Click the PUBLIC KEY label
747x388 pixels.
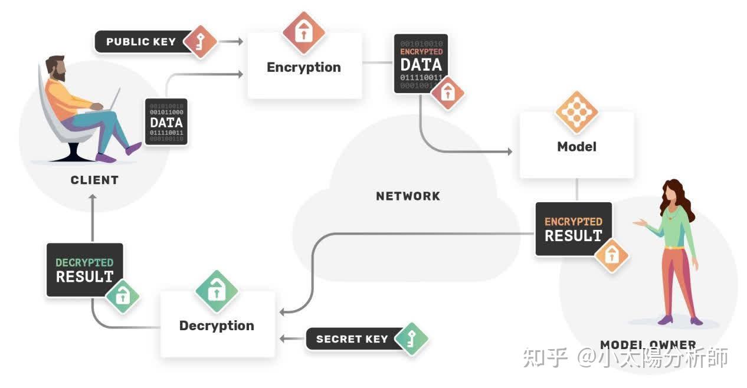(x=140, y=42)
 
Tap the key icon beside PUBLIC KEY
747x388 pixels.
(x=200, y=42)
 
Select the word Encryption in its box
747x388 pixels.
(x=303, y=67)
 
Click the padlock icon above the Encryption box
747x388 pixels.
(x=304, y=33)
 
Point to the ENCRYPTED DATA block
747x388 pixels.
(x=421, y=64)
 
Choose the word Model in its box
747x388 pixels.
(x=576, y=146)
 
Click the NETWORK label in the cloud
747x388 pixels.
(x=408, y=196)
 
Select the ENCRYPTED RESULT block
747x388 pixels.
(x=573, y=229)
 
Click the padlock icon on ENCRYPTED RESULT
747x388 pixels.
(x=611, y=255)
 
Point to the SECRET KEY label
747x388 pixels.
(x=352, y=339)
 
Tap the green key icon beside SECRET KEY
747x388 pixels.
(x=410, y=338)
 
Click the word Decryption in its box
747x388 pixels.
(x=217, y=325)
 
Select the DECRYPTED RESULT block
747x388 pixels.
(x=84, y=269)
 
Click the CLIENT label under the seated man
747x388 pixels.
(x=94, y=180)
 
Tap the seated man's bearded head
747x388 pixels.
(x=56, y=68)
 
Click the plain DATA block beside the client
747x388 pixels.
(x=166, y=122)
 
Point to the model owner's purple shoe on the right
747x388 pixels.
(x=696, y=320)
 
